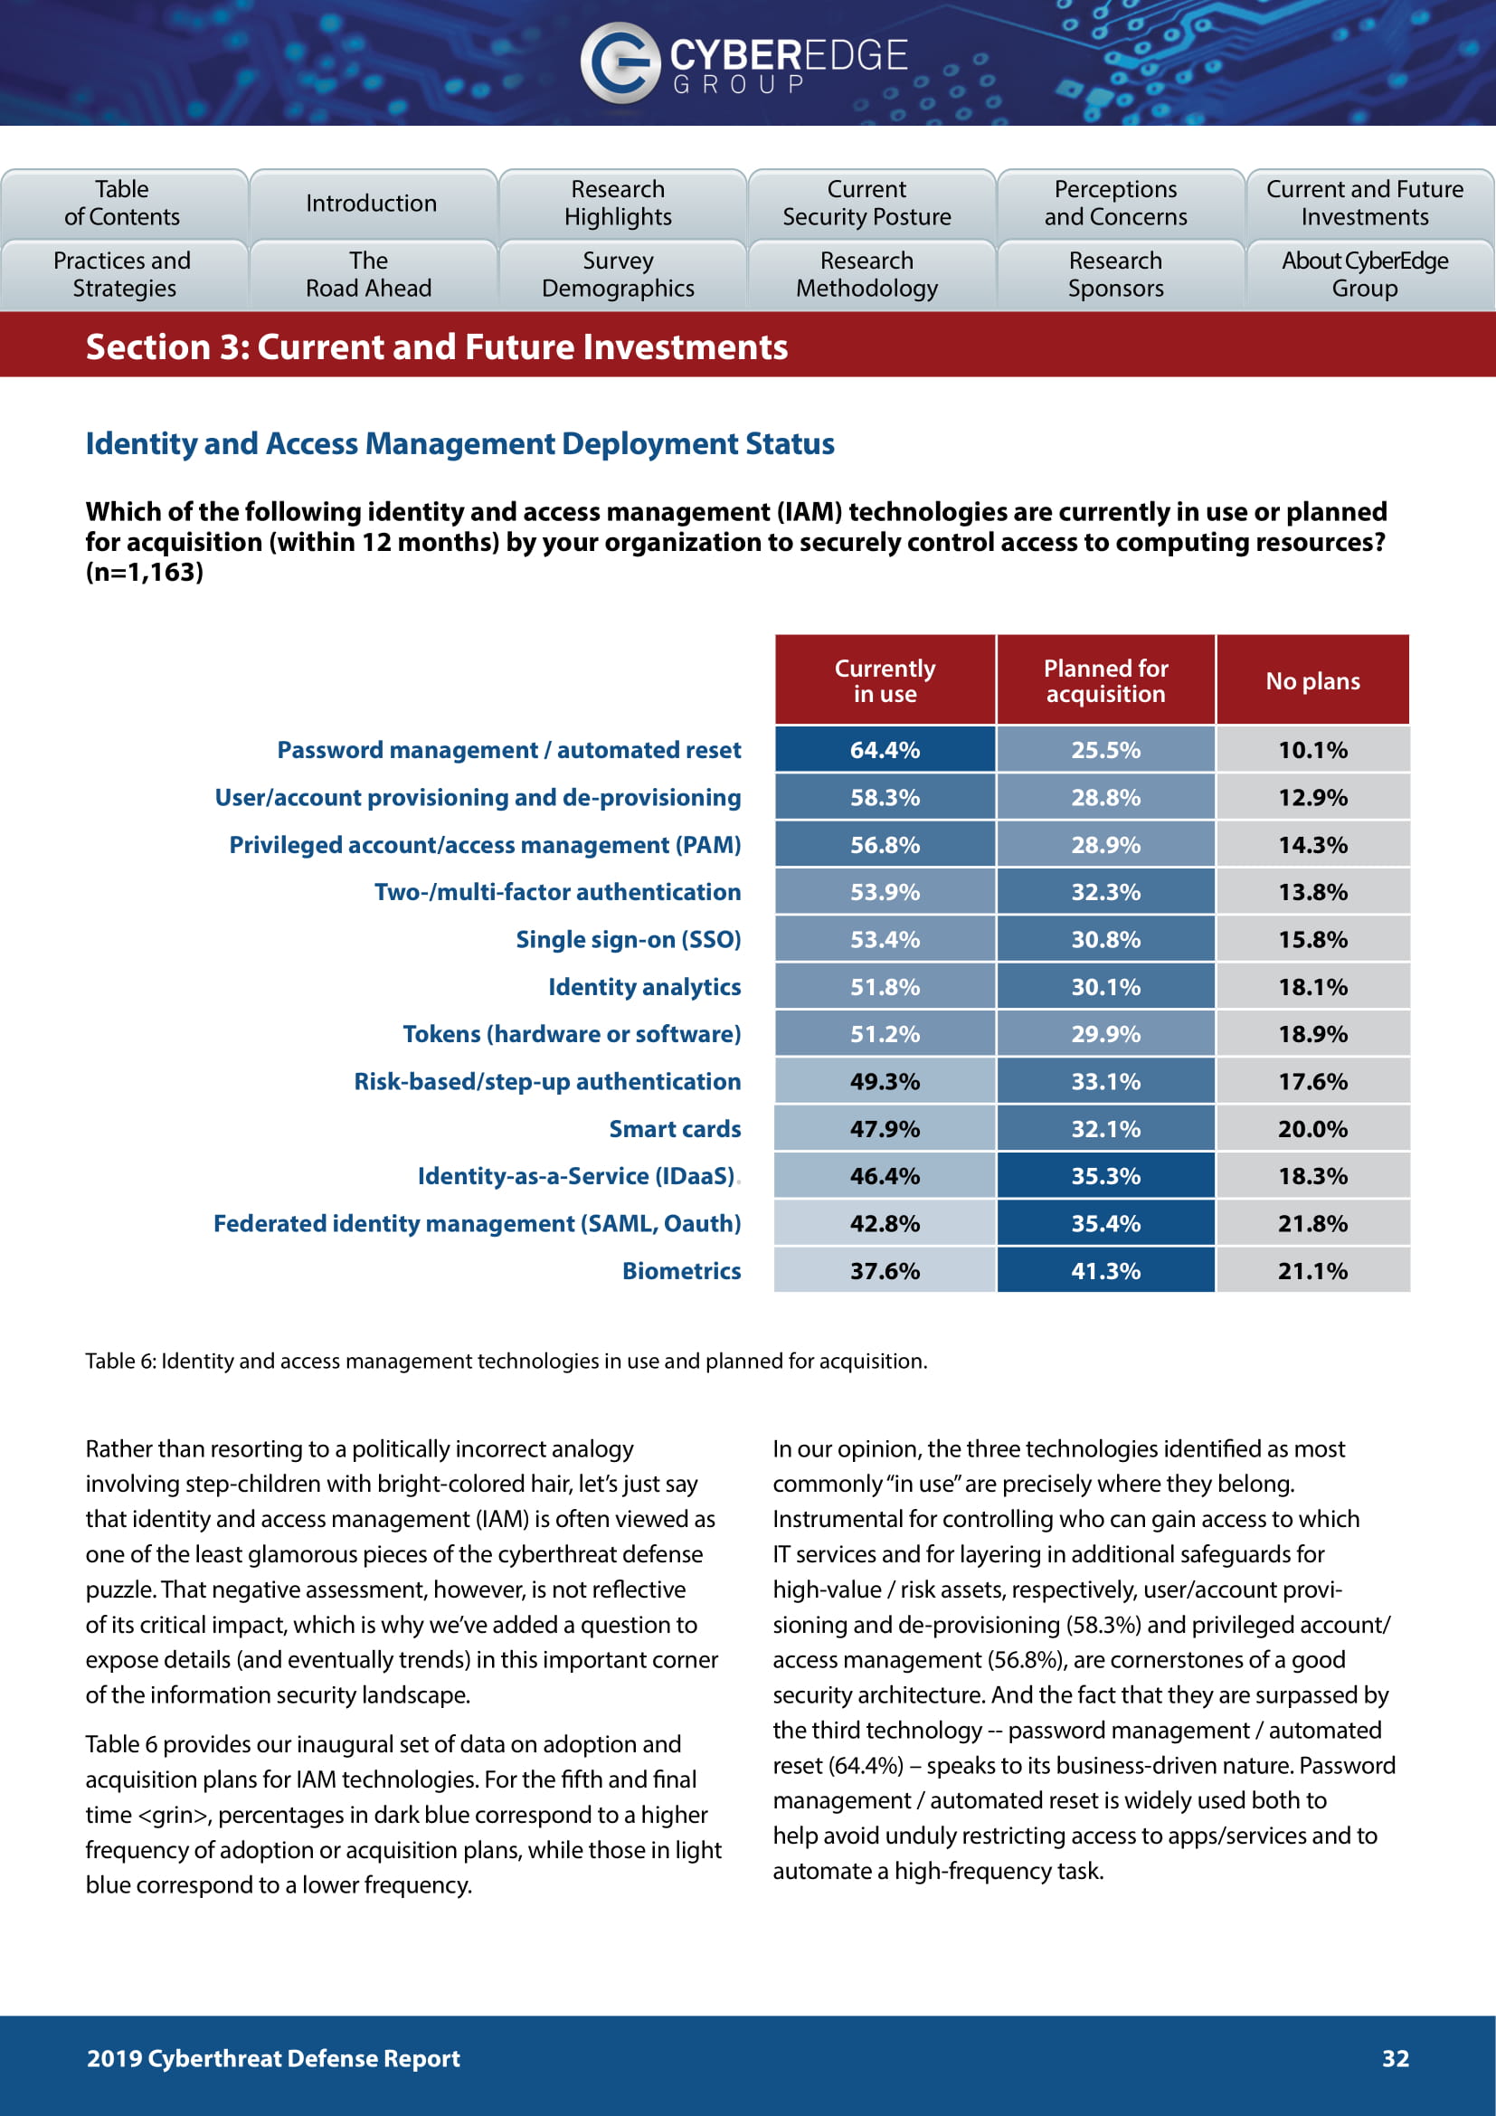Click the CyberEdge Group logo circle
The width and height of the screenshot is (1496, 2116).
[x=620, y=62]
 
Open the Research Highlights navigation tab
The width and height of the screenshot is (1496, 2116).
[x=618, y=203]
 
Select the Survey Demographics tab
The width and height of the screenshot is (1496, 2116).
[x=618, y=275]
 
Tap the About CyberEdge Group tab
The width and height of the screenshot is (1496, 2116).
[x=1364, y=275]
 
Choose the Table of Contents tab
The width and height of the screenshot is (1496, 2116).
[x=122, y=203]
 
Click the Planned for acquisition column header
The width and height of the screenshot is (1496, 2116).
[x=1105, y=681]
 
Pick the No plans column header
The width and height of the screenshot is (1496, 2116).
[x=1312, y=681]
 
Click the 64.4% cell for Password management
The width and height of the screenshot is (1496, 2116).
[x=885, y=750]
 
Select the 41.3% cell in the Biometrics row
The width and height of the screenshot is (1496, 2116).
[x=1105, y=1271]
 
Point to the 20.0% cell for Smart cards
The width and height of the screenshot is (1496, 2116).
[x=1312, y=1129]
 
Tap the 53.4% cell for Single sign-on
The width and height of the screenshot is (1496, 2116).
[x=885, y=940]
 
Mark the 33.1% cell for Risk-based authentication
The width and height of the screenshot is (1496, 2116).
[x=1105, y=1081]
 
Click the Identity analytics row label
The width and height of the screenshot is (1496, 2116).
[x=644, y=987]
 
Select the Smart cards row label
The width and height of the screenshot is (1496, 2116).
[x=675, y=1129]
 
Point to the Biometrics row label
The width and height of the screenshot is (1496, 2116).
[x=681, y=1271]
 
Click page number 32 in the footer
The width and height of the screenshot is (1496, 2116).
[x=1395, y=2058]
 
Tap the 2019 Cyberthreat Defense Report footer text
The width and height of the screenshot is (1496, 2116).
[x=272, y=2058]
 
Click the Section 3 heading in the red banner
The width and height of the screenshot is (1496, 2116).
[x=437, y=347]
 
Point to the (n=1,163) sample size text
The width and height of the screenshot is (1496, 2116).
[x=145, y=573]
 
